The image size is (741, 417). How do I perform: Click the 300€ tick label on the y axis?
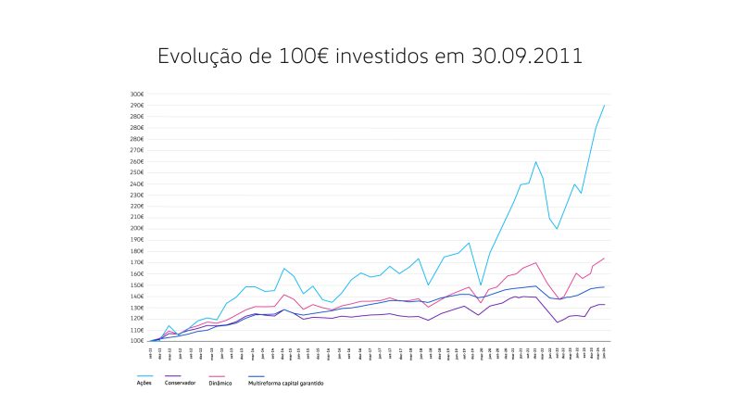(137, 95)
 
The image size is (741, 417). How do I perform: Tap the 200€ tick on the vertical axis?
(137, 229)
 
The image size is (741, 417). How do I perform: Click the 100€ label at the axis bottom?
(137, 341)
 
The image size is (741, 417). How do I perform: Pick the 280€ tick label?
(137, 117)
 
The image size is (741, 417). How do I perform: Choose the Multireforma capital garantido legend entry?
(287, 383)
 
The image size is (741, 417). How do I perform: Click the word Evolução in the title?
(195, 57)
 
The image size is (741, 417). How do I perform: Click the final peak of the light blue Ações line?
(604, 106)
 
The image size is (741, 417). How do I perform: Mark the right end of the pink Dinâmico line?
(604, 259)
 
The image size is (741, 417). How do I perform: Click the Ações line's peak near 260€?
(535, 162)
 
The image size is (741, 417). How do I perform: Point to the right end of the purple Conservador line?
(604, 305)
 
